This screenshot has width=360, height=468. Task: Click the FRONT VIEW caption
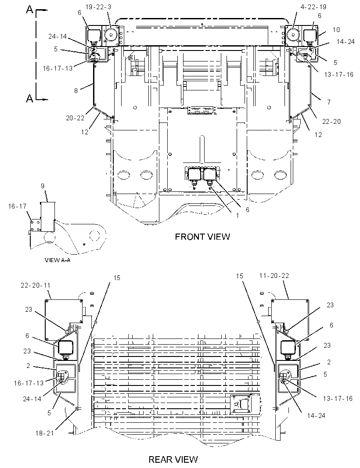coord(202,237)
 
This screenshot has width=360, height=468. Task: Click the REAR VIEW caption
coord(173,459)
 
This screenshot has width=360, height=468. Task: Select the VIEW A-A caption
coord(58,260)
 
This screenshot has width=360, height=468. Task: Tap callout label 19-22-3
coord(98,7)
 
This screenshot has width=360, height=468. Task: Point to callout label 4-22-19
coord(313,7)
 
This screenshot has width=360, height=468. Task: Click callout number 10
coord(336,29)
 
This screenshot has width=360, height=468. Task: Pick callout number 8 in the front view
coord(76,90)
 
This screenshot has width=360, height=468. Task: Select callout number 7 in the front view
coord(329,102)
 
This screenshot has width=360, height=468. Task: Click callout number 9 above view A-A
coord(43,186)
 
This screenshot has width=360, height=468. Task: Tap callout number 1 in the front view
coord(238,215)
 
